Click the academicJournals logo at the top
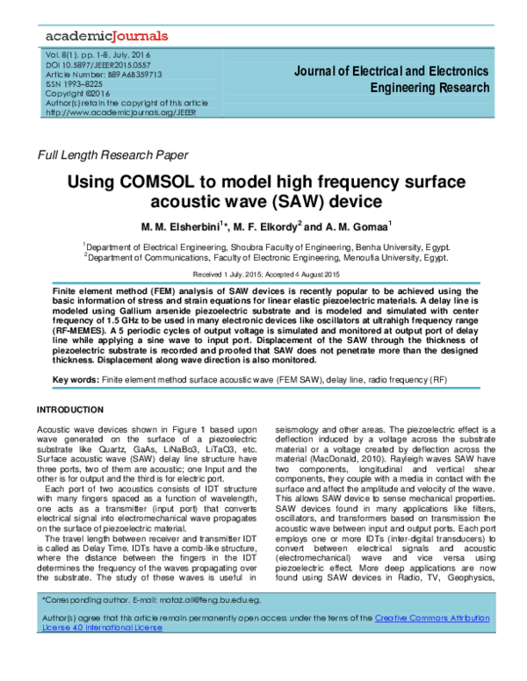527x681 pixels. (106, 36)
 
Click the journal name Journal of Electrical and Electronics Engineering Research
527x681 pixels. (391, 79)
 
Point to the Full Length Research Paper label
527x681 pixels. (112, 155)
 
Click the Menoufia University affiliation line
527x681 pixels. (266, 258)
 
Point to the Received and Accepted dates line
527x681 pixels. (263, 273)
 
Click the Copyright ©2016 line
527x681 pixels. (77, 93)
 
